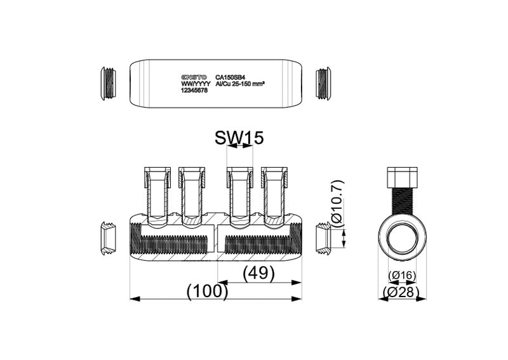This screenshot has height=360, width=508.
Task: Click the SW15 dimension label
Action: point(239,138)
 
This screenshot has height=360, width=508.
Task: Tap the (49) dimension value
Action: point(258,273)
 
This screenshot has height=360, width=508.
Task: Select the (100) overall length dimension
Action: point(208,290)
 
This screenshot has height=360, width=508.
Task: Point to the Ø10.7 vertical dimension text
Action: point(338,204)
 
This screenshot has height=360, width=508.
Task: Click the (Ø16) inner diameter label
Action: point(402,276)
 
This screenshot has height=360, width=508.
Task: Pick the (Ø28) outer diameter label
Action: point(401,292)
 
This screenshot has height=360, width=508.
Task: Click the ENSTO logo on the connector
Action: point(194,77)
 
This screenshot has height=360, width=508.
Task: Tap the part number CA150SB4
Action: point(230,77)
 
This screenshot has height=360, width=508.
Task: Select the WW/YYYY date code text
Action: point(196,84)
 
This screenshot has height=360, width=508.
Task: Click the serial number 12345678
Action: point(194,91)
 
